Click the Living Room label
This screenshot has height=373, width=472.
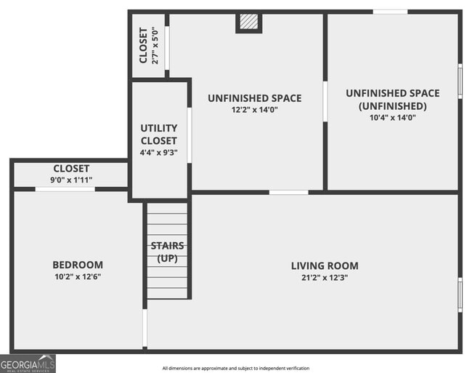point(325,265)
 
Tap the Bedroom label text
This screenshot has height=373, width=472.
point(77,265)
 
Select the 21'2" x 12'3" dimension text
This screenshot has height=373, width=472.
point(325,277)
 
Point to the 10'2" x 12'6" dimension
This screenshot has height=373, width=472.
point(77,276)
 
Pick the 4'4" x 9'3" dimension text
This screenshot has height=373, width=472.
point(158,153)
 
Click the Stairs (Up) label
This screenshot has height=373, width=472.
point(167,252)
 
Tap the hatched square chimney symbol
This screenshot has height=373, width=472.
point(248,23)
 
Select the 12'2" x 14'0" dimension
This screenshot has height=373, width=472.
point(254,110)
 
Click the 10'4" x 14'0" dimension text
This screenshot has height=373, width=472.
point(392,116)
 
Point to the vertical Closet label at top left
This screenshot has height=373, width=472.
point(143,45)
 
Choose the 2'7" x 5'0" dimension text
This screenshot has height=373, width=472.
point(155,45)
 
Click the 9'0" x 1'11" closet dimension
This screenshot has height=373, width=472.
point(71,180)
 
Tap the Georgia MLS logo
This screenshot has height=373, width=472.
point(28,363)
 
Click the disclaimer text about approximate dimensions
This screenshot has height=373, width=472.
point(236,368)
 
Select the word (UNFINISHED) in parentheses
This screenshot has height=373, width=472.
point(392,105)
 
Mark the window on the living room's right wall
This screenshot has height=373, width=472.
point(460,295)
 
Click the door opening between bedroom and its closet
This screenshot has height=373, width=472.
point(65,189)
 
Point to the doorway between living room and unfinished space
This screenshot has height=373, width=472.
point(288,192)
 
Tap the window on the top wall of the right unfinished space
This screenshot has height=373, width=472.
point(390,12)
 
